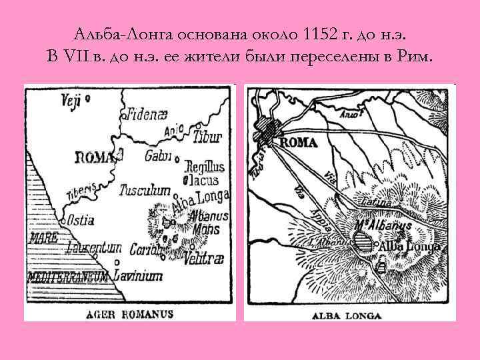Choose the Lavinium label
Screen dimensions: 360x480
coord(138,275)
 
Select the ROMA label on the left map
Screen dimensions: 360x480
coord(95,157)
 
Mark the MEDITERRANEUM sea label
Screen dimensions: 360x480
coord(68,275)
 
